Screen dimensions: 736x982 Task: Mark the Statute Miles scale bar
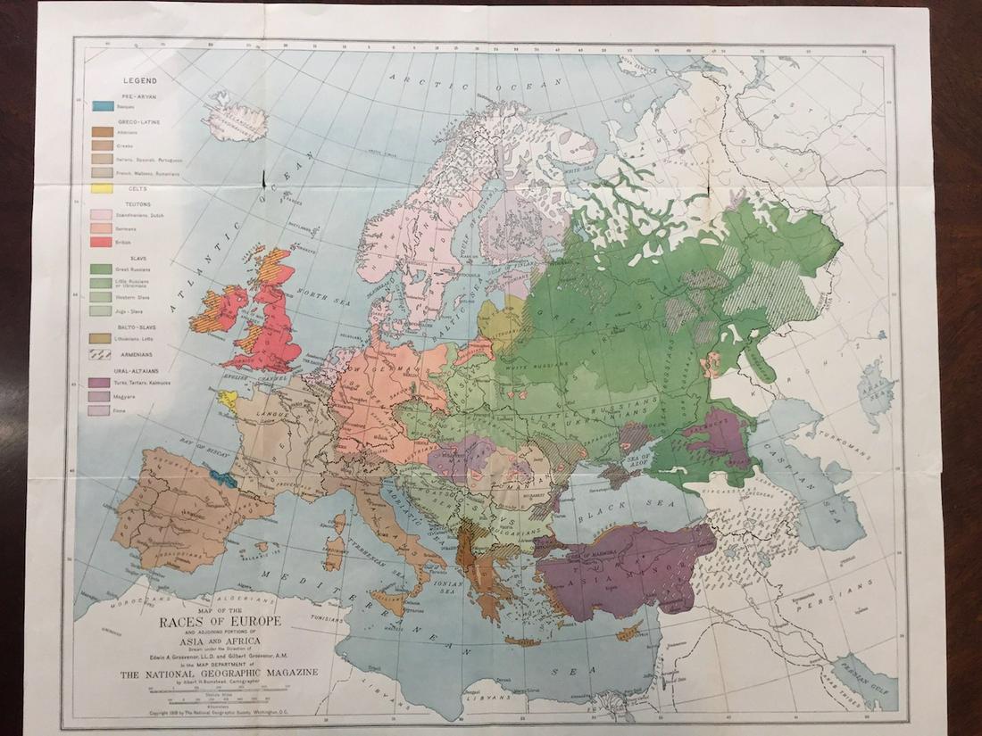[214, 694]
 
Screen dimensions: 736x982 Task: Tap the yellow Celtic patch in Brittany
[229, 401]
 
